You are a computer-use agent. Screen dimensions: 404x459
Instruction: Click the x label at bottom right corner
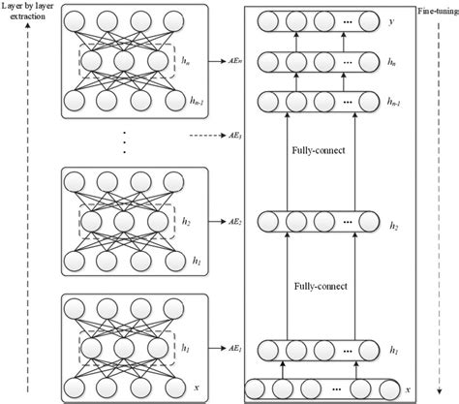pyautogui.click(x=409, y=389)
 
